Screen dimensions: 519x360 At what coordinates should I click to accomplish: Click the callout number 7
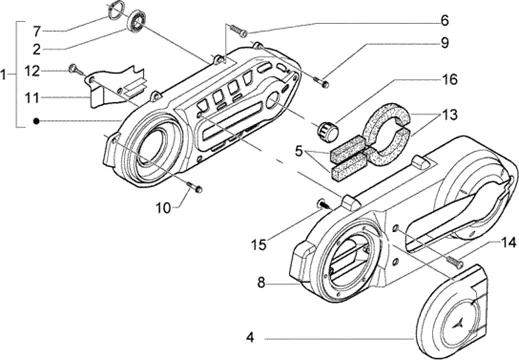(x=37, y=32)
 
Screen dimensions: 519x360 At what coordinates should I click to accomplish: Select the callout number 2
(x=37, y=50)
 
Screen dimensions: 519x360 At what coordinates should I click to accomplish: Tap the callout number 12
(x=32, y=71)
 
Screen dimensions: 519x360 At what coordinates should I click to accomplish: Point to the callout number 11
(x=32, y=98)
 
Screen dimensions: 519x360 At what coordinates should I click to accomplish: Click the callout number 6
(x=445, y=21)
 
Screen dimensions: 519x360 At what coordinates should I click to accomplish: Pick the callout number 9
(x=445, y=43)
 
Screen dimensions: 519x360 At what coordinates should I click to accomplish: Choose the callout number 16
(x=450, y=80)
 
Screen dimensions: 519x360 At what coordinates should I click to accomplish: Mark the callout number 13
(x=450, y=115)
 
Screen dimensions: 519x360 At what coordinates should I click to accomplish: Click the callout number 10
(x=163, y=208)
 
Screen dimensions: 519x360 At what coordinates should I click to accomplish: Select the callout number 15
(x=259, y=245)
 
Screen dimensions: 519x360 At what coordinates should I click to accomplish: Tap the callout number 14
(x=509, y=243)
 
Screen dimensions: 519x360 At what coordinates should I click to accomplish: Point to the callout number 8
(x=261, y=283)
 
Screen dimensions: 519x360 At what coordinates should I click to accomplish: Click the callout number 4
(x=250, y=338)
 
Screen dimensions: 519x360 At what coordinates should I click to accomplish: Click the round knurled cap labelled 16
(x=327, y=129)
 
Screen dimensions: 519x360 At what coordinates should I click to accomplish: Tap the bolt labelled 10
(x=195, y=187)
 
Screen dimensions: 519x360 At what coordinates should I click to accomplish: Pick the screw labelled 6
(x=239, y=30)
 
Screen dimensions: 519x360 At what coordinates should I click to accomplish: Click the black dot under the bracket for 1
(x=37, y=121)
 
